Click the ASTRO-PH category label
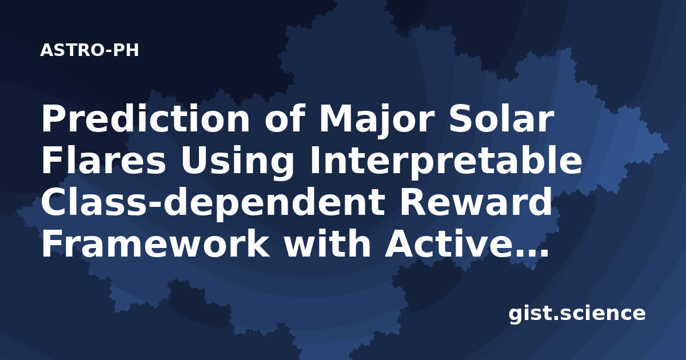pos(89,50)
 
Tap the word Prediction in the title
pos(146,118)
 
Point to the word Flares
pos(104,161)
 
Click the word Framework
pos(155,244)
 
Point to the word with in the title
pos(328,244)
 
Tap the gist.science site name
pos(577,314)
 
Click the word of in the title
pos(285,118)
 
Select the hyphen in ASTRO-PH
pos(109,51)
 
